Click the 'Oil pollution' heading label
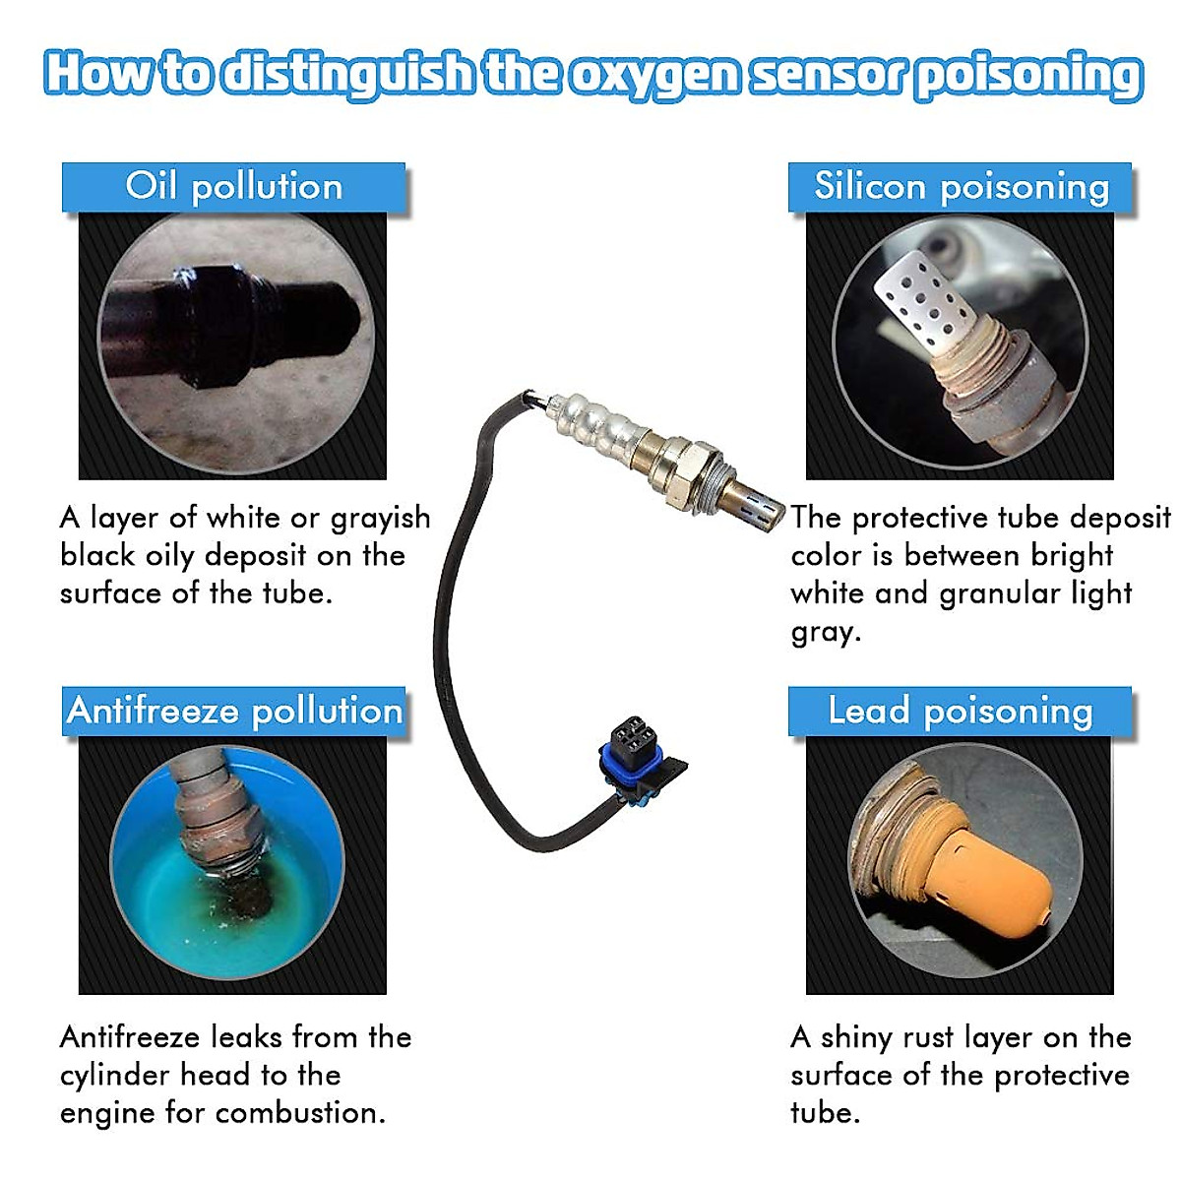click(x=233, y=187)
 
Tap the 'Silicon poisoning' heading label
click(x=961, y=187)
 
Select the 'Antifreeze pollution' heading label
click(x=234, y=711)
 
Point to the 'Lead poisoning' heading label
click(x=961, y=711)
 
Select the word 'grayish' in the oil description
click(x=380, y=519)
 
